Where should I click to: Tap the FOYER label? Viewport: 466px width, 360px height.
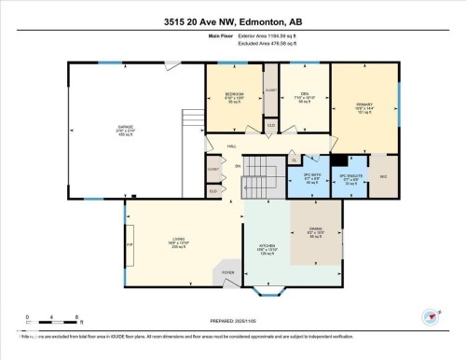[x=227, y=273]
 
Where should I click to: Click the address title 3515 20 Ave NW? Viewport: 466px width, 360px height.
[x=232, y=22]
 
